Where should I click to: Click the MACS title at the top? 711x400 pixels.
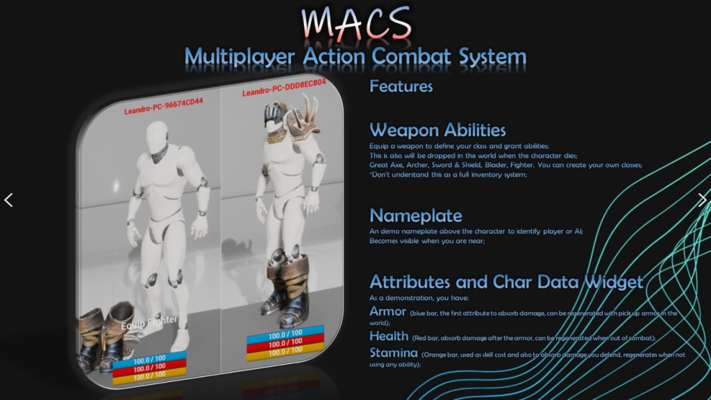coord(355,25)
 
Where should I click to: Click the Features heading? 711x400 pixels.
coord(401,86)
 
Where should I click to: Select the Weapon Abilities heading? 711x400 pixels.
coord(437,130)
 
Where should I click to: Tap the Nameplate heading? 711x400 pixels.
coord(416,215)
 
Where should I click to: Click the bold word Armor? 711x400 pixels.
coord(387,311)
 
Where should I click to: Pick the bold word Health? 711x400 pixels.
coord(390,336)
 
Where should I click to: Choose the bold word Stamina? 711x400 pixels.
coord(394,353)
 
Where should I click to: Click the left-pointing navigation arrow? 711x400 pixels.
coord(8,200)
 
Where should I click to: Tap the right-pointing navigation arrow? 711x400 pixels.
coord(702,200)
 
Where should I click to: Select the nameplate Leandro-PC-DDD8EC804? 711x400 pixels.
coord(283,92)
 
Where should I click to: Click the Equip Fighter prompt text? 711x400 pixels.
coord(150,322)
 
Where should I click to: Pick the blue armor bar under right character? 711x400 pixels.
coord(285,333)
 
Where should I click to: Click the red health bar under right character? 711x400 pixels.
coord(285,342)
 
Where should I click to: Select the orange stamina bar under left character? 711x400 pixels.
coord(149,375)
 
